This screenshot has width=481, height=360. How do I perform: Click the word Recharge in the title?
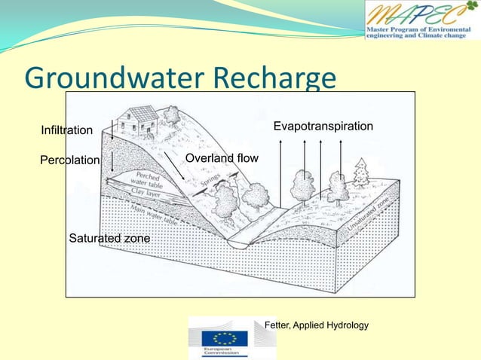(274, 79)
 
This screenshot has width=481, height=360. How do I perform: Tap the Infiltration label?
(66, 130)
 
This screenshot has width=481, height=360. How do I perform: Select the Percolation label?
(69, 160)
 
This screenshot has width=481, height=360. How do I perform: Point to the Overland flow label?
(222, 158)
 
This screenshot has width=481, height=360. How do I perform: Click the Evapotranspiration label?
(323, 126)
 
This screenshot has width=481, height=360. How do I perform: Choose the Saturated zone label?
(109, 239)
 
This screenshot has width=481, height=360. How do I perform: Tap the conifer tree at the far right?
(362, 172)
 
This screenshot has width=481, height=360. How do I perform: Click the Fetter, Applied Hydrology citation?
(316, 325)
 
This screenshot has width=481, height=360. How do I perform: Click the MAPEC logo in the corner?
(421, 20)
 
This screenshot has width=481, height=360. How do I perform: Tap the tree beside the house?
(172, 116)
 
